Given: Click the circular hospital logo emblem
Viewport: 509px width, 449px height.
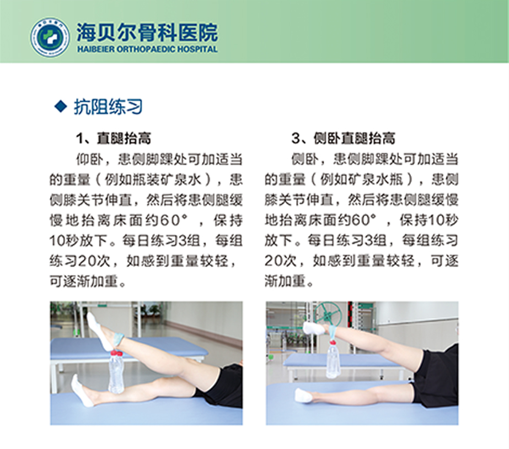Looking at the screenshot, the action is coord(50,37).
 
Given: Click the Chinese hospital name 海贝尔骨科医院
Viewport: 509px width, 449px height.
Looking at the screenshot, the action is coord(147,33).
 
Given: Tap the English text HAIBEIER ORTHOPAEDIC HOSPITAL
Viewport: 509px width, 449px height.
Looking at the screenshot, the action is coord(147,49).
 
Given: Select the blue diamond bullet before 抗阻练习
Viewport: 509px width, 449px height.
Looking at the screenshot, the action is coord(61,106).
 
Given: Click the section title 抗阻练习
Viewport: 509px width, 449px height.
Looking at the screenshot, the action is coord(109,106).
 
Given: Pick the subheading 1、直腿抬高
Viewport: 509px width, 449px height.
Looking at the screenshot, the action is coord(113,138).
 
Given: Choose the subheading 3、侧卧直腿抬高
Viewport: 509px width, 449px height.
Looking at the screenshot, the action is coord(343,138).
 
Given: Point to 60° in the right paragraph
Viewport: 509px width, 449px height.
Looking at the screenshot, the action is coord(363,220).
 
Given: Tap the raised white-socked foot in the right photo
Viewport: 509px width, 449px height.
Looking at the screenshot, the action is coord(314,328).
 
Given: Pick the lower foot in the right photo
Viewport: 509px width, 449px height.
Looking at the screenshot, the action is coord(304,396).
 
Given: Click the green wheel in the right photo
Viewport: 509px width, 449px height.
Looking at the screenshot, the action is coord(328,313).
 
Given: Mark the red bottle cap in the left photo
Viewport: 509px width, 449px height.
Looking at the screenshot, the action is coord(116,353).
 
